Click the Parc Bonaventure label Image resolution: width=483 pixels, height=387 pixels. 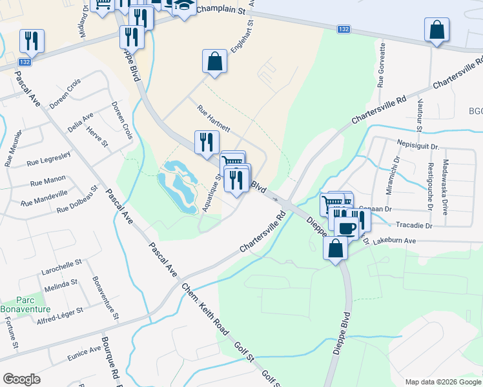coord(33,303)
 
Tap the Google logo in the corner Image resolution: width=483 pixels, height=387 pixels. coord(21,379)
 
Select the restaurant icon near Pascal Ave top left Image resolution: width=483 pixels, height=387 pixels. coord(32,41)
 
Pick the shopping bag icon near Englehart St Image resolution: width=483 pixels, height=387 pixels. coord(214,62)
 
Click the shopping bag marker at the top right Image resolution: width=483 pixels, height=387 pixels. coord(437,30)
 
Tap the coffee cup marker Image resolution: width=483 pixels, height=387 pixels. coord(347,228)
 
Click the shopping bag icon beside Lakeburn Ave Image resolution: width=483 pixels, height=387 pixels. coord(336,248)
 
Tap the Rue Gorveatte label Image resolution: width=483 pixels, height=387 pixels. coord(382,65)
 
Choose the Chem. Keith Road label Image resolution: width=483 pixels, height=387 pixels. coord(204,310)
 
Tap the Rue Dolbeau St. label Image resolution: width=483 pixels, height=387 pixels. coord(77,200)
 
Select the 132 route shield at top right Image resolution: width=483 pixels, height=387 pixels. coord(344,30)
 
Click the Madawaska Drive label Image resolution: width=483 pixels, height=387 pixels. coord(444,188)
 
